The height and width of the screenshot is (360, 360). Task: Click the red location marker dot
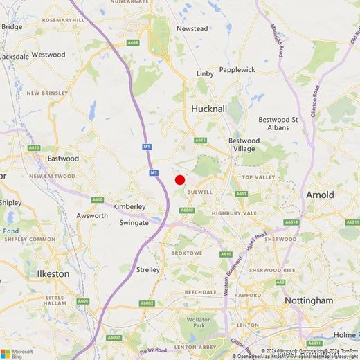pyautogui.click(x=180, y=180)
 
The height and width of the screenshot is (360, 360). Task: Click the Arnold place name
pyautogui.click(x=320, y=195)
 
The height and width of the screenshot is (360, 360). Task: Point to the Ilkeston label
pyautogui.click(x=53, y=273)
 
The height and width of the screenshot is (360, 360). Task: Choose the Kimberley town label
pyautogui.click(x=129, y=206)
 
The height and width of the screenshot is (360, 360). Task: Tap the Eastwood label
pyautogui.click(x=64, y=159)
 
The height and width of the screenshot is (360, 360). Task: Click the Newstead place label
pyautogui.click(x=192, y=29)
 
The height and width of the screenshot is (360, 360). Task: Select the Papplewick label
pyautogui.click(x=237, y=70)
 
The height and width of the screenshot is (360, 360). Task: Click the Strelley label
pyautogui.click(x=149, y=269)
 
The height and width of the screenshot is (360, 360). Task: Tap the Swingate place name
pyautogui.click(x=134, y=223)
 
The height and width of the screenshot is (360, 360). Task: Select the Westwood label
pyautogui.click(x=48, y=55)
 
